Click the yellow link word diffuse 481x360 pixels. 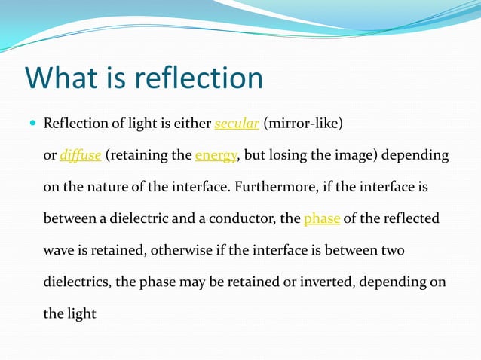click(x=81, y=156)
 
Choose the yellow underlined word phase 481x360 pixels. click(x=322, y=219)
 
